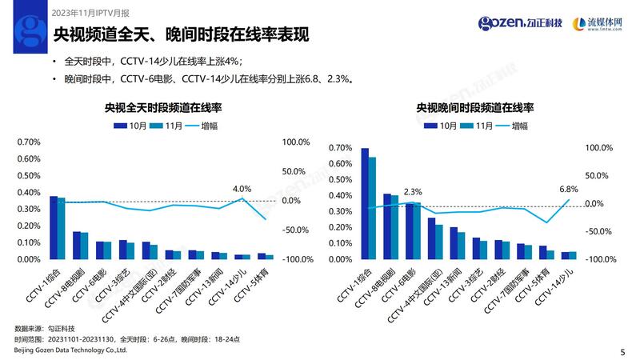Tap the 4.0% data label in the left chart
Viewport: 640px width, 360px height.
tap(242, 189)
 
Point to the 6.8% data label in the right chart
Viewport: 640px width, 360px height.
tap(568, 190)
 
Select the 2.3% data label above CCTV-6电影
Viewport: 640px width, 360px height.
tap(413, 192)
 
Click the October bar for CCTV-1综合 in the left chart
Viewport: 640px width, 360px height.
tap(53, 227)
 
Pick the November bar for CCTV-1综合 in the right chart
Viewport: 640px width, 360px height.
tap(372, 207)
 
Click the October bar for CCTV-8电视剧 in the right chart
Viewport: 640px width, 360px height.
tap(387, 226)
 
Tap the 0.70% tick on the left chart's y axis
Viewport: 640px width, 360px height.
tap(28, 142)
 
